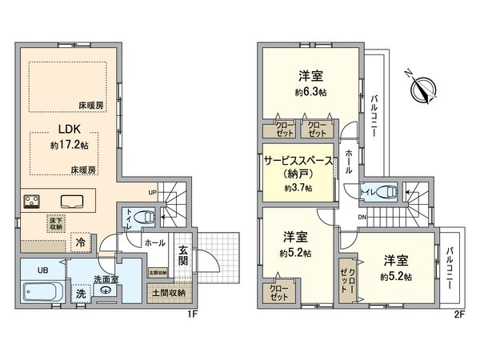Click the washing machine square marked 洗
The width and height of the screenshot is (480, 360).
(81, 294)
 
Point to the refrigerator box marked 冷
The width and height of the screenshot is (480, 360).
(82, 238)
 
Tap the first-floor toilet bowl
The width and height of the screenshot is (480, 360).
(144, 216)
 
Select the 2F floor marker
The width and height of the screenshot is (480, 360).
(458, 314)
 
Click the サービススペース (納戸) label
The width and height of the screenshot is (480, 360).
(297, 166)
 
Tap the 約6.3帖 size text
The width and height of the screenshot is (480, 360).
(311, 92)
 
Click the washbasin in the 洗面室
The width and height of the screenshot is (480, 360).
(106, 290)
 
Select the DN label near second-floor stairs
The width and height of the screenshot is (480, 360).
(362, 218)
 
